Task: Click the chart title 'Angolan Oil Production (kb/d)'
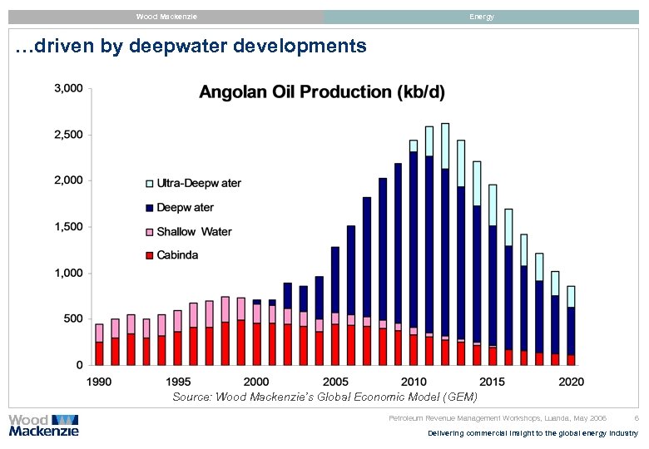click(x=321, y=93)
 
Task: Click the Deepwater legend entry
click(x=179, y=207)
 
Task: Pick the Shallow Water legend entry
click(x=188, y=231)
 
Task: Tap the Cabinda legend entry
click(x=172, y=255)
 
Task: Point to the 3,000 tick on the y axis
click(x=68, y=88)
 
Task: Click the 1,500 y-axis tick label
click(x=68, y=226)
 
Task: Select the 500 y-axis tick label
click(x=73, y=318)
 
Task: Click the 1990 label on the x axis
click(x=99, y=382)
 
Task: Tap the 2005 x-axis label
click(x=334, y=382)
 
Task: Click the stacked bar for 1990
click(x=99, y=344)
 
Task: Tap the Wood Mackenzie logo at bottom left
click(x=43, y=425)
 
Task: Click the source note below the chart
click(x=324, y=397)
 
